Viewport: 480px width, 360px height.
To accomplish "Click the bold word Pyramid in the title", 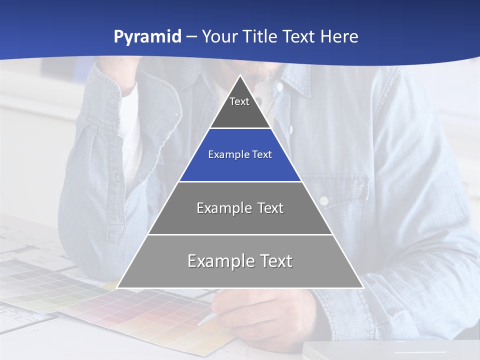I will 147,37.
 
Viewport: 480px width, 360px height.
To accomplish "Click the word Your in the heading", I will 219,37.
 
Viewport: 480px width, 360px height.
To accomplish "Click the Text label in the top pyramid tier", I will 239,102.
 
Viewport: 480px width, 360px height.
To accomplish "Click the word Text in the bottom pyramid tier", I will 275,261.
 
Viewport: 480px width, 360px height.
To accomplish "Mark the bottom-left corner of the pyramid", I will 117,287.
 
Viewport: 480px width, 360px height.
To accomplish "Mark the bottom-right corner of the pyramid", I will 363,287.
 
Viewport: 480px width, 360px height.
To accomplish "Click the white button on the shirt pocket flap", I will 323,200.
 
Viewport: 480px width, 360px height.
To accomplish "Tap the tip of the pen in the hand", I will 199,324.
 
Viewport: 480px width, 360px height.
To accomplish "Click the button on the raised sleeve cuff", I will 117,177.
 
